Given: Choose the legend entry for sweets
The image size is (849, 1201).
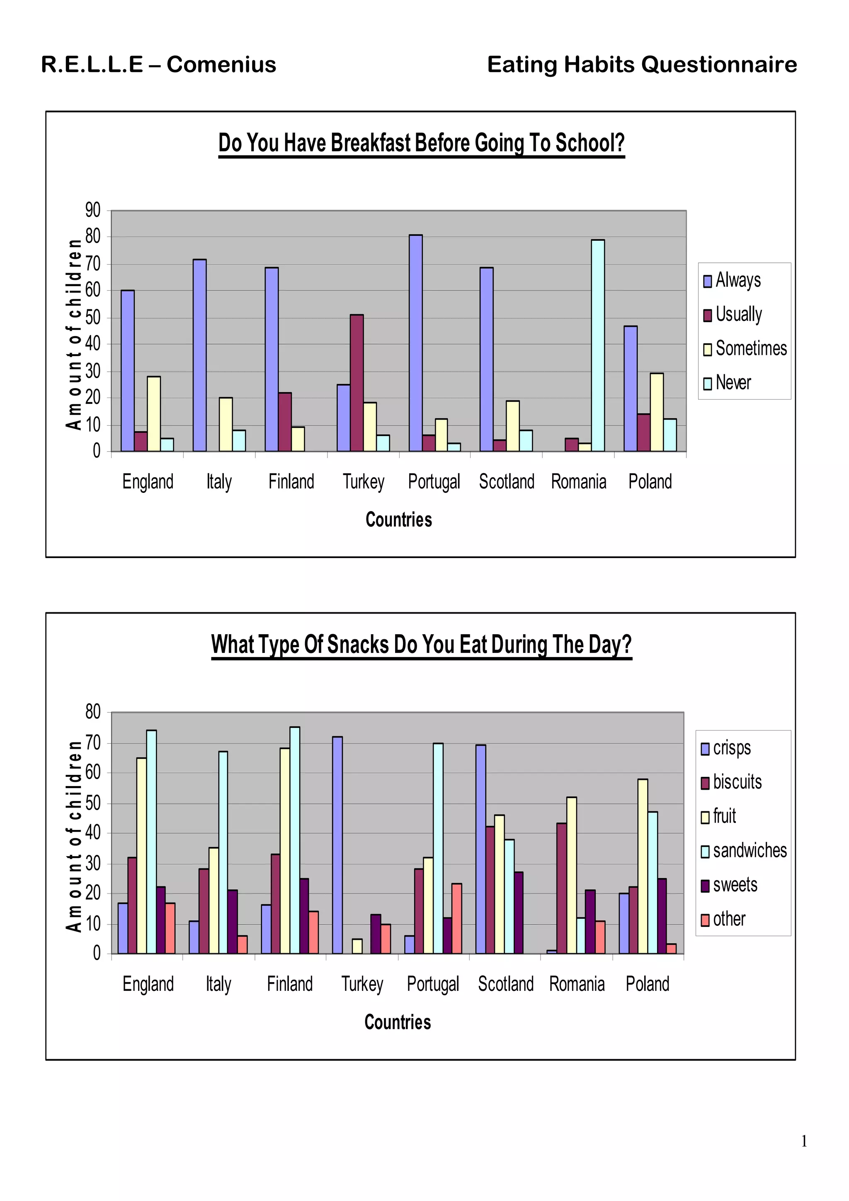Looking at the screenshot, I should coord(735,885).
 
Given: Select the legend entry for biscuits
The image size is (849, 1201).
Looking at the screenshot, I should coord(737,782).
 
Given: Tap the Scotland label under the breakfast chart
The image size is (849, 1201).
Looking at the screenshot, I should coord(506,481).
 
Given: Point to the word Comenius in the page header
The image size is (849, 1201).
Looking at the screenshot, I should coord(221,64).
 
